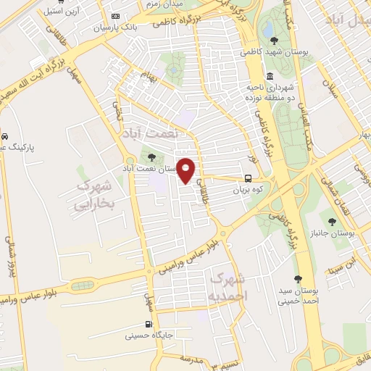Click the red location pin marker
click(186, 170)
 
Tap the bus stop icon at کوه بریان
click(249, 178)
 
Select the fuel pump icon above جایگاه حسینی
click(149, 324)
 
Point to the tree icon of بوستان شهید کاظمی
click(272, 41)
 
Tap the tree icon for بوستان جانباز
click(332, 221)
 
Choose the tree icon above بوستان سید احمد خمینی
click(297, 278)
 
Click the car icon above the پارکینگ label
click(4, 136)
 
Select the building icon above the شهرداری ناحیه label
click(270, 76)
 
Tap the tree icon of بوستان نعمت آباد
click(151, 157)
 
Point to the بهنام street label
click(149, 76)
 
